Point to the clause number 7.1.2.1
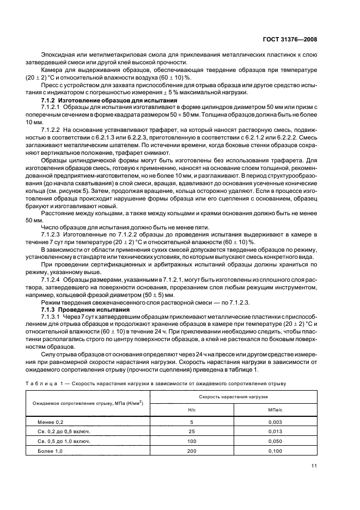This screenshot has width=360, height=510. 52,108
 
